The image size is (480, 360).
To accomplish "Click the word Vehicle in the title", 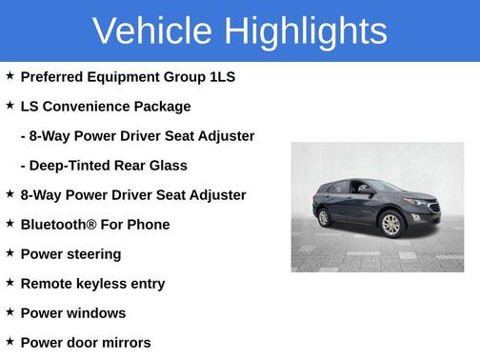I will point(151,30).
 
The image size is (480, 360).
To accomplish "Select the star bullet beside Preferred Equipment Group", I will point(10,76).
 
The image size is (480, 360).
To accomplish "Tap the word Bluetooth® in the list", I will point(58,225).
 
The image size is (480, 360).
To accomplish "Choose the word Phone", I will point(148,225).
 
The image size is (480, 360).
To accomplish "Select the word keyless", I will point(100,284).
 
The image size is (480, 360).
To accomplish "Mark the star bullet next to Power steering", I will point(10,253).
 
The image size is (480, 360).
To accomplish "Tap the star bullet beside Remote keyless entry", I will point(10,283).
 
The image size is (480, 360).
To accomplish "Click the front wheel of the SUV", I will point(391,226).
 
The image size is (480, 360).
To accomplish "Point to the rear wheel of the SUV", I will point(324,217).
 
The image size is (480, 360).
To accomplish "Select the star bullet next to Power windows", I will point(10,312).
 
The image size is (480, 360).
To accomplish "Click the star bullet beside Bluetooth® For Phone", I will point(10,224).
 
